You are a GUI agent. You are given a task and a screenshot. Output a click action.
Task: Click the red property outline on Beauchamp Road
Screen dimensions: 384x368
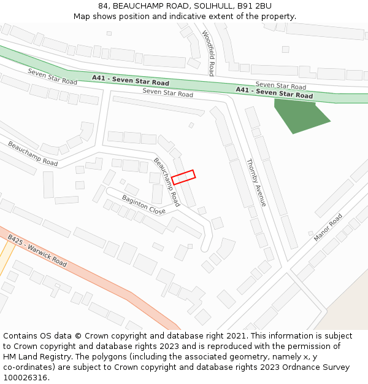(x=183, y=177)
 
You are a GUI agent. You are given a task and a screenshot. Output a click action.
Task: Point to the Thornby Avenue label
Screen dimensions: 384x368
(x=256, y=182)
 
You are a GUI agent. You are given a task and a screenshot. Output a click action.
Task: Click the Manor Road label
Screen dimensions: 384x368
(x=328, y=228)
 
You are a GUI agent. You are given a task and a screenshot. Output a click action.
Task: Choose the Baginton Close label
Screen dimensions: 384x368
(x=144, y=205)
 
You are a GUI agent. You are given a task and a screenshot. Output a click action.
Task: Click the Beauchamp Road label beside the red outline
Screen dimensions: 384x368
(x=166, y=182)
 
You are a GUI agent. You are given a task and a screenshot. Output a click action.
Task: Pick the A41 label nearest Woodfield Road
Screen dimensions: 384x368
(x=131, y=80)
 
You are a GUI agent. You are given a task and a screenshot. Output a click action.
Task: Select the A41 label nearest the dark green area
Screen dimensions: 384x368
(x=274, y=93)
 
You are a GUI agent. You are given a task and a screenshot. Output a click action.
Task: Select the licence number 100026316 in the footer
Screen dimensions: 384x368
(x=25, y=377)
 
